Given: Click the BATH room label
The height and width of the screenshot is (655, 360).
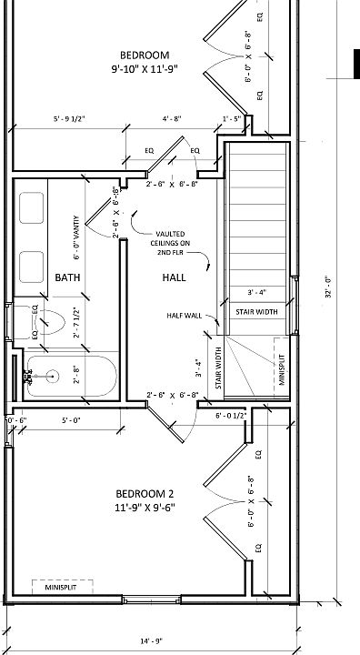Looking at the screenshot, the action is click(67, 277).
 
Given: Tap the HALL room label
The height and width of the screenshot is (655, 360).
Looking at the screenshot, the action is click(175, 277).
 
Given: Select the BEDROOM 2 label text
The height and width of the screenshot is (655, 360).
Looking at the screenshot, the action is click(145, 494).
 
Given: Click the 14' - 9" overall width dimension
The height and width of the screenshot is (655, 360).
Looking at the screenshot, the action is click(151, 640).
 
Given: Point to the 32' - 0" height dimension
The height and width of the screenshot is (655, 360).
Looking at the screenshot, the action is click(328, 287).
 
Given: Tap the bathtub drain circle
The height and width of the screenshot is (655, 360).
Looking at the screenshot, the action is click(53, 377).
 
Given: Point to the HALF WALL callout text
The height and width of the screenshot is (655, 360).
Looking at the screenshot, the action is click(185, 316).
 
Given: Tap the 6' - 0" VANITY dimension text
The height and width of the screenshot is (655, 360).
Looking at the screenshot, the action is click(76, 237).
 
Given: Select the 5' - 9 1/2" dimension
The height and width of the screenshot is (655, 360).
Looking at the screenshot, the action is click(69, 118).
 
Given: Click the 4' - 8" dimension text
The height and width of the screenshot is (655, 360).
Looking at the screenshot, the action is click(172, 118).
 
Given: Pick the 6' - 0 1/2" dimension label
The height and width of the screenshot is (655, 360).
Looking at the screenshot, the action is click(232, 416).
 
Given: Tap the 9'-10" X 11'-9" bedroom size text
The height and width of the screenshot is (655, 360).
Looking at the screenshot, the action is click(145, 69).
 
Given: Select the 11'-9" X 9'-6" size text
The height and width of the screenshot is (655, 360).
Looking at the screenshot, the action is click(145, 508).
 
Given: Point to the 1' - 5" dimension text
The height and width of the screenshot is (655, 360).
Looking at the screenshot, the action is click(232, 118).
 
